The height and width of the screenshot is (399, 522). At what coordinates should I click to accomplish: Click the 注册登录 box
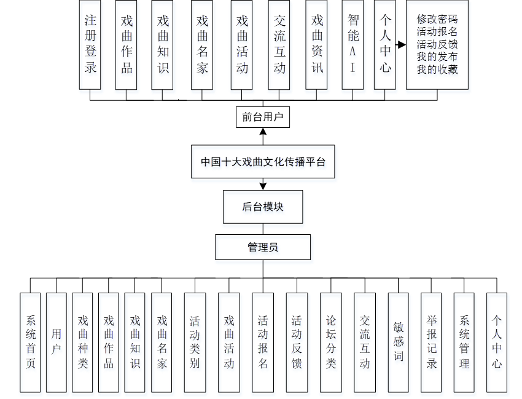coord(90,44)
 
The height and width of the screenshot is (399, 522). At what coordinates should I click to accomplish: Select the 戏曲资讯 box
coord(317,44)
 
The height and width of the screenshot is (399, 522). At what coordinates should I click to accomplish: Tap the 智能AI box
coord(353,44)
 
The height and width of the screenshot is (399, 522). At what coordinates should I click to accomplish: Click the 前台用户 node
coord(263,117)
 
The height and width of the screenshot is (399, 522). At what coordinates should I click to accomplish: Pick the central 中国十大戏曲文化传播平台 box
coord(263,162)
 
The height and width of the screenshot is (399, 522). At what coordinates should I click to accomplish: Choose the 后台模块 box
coord(263,207)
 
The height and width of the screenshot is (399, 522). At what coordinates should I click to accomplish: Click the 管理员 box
coord(263,247)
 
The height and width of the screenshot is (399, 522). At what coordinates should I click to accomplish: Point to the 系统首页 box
coord(30,342)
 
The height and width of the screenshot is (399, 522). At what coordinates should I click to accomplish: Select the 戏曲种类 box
coord(82,342)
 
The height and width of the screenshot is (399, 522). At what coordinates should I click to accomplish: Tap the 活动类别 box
coord(195,342)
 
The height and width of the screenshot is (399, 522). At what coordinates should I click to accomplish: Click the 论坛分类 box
coord(331,342)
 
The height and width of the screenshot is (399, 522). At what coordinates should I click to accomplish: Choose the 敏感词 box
coord(399,342)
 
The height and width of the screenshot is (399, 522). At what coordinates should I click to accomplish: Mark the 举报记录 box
coord(431,342)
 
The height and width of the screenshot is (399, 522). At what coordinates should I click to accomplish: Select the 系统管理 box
coord(464,342)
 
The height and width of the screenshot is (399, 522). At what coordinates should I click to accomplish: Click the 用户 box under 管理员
coord(56,342)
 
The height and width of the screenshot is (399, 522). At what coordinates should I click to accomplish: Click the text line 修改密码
coord(437,19)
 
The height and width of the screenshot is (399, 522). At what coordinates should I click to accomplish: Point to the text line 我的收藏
coord(437,69)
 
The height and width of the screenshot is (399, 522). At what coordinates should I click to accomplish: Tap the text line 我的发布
coord(437,57)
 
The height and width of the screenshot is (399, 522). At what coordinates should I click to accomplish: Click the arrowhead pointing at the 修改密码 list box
coord(402,45)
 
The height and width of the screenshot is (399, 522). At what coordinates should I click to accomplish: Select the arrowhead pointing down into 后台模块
coord(263,185)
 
